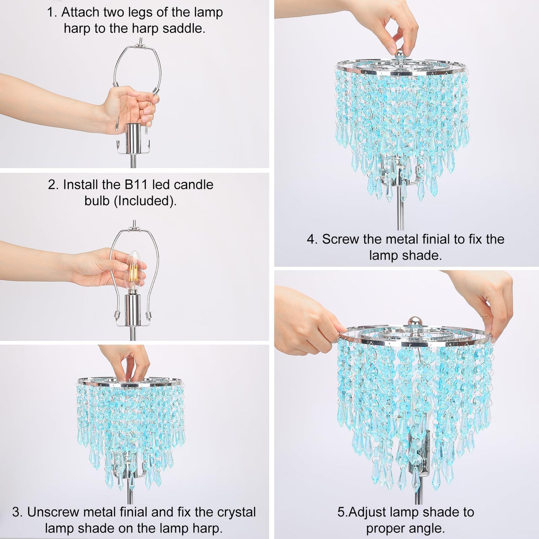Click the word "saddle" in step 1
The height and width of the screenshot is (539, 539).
pyautogui.click(x=184, y=29)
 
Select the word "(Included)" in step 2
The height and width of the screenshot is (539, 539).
pyautogui.click(x=145, y=201)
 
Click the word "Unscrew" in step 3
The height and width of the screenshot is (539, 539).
pyautogui.click(x=53, y=512)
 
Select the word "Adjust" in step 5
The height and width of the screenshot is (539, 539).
pyautogui.click(x=367, y=512)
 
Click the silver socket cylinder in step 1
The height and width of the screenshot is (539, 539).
pyautogui.click(x=133, y=138)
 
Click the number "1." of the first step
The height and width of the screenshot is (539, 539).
pyautogui.click(x=52, y=13)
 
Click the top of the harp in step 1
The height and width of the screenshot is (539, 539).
pyautogui.click(x=137, y=46)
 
